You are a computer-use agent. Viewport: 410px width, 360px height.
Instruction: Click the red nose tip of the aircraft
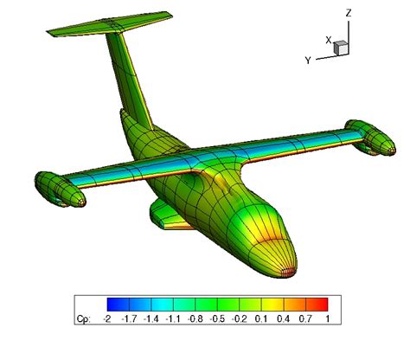click(x=289, y=268)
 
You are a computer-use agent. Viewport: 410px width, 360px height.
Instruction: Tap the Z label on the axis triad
click(x=348, y=13)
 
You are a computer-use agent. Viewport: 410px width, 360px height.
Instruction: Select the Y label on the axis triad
click(x=307, y=60)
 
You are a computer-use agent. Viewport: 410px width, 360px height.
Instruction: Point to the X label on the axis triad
click(x=329, y=40)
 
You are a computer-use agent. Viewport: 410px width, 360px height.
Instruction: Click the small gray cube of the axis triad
click(x=341, y=48)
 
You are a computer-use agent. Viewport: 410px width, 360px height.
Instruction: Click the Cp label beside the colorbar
click(x=85, y=319)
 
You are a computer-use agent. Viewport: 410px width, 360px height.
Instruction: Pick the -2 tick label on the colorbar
click(x=107, y=319)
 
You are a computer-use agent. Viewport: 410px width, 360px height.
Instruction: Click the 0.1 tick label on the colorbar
click(x=263, y=319)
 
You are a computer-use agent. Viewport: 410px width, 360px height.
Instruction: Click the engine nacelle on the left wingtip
click(x=59, y=190)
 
